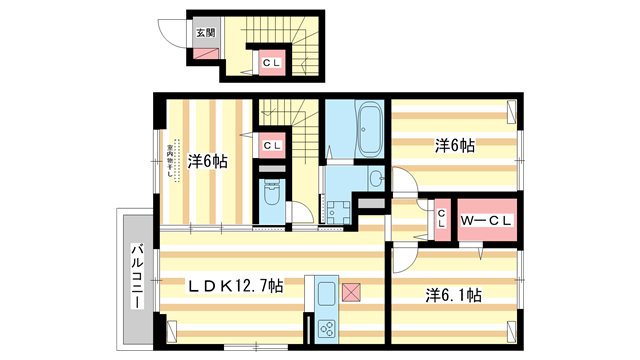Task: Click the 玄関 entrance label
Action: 204,31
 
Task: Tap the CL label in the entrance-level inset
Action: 270,64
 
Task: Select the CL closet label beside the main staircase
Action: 270,146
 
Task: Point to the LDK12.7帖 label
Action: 237,286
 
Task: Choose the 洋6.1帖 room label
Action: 454,295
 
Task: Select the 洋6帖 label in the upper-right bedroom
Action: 455,146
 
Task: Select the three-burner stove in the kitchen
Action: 328,326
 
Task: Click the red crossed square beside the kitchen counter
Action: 352,292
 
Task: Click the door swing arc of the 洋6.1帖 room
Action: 399,258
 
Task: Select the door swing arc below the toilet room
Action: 296,212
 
